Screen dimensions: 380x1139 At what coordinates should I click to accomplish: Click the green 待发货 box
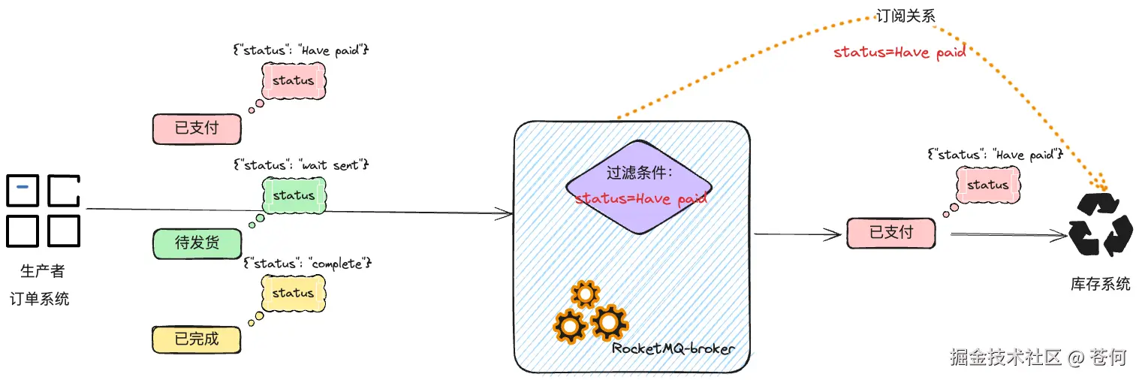coord(197,243)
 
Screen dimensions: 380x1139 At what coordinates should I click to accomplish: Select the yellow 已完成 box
coord(197,339)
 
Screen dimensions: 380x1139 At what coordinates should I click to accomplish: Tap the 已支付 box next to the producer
coord(197,128)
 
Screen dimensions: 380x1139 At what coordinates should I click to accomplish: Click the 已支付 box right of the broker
coord(891,233)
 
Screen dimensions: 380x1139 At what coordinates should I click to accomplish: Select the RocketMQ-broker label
coord(673,348)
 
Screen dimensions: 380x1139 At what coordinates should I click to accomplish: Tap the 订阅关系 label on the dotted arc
coord(906,16)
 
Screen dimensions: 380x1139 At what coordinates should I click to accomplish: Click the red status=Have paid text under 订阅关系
coord(899,53)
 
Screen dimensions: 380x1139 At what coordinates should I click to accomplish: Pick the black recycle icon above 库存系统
coord(1100,225)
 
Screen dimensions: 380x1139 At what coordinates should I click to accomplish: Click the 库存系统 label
coord(1100,284)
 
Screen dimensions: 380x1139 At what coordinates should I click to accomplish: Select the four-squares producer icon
coord(43,211)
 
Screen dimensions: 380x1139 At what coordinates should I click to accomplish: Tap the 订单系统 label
coord(40,298)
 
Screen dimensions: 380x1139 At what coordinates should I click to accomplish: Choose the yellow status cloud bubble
coord(294,293)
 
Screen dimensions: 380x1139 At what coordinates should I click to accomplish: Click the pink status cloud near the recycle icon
coord(988,185)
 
